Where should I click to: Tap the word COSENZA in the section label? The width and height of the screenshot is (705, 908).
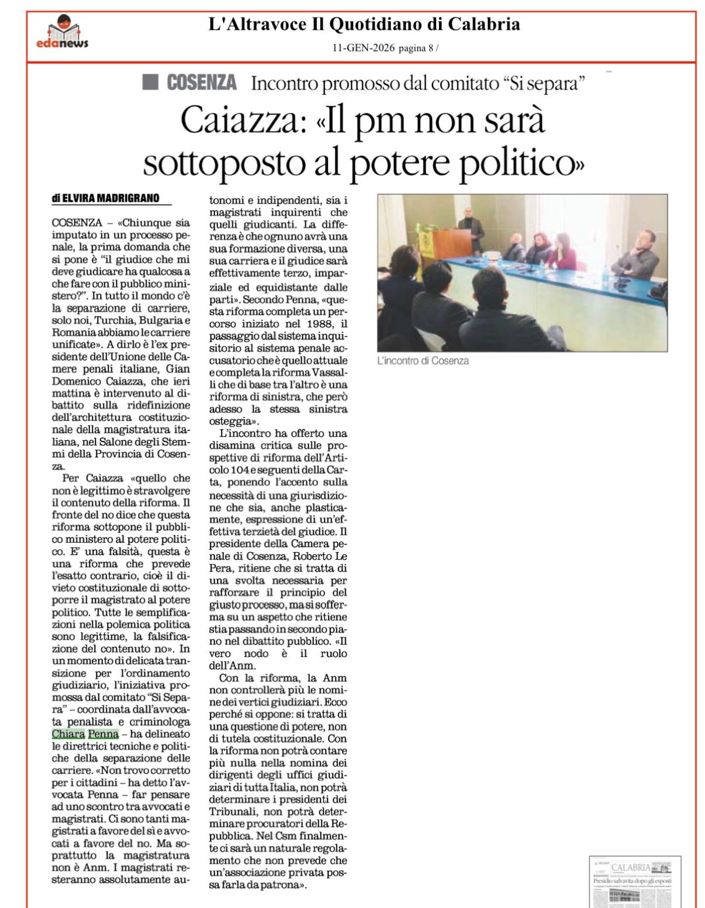click(202, 82)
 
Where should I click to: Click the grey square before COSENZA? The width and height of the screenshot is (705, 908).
click(150, 82)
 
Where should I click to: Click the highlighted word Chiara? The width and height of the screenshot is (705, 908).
click(68, 734)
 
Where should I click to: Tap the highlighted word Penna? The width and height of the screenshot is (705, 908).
click(103, 734)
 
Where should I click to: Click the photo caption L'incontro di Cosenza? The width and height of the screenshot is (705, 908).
click(423, 361)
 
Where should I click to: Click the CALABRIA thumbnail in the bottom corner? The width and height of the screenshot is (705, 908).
click(635, 882)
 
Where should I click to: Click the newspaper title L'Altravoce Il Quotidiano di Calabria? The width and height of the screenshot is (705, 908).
click(364, 25)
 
